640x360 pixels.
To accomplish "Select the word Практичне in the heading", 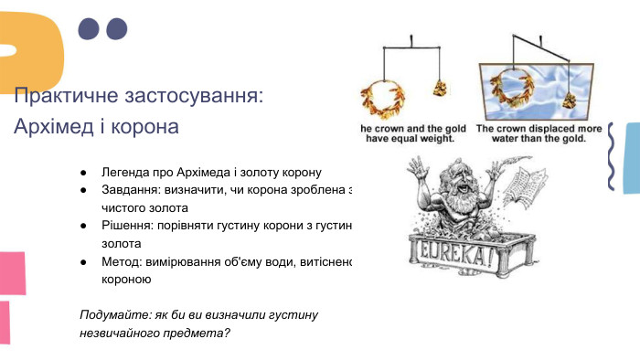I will click(64, 95).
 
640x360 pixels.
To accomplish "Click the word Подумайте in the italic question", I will click(114, 314).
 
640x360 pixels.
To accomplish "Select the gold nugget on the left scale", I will click(440, 88).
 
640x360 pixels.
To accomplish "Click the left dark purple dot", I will click(88, 28).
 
